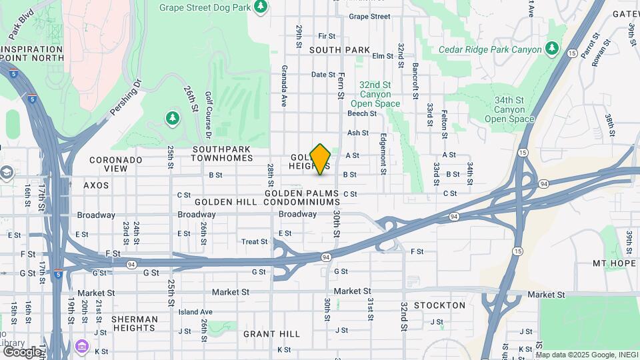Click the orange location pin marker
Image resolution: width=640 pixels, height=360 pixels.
click(x=321, y=159)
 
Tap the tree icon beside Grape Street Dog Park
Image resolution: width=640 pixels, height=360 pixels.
click(x=261, y=7)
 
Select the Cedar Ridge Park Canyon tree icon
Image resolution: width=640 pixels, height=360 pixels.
click(x=551, y=49)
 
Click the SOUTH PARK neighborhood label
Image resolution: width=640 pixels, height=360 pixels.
click(x=339, y=50)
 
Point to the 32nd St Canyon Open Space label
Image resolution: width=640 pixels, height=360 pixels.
click(x=375, y=94)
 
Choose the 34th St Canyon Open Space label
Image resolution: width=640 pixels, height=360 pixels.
click(x=509, y=109)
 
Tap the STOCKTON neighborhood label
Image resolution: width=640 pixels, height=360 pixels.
click(x=439, y=305)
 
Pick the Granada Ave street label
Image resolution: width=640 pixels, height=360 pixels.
click(x=284, y=87)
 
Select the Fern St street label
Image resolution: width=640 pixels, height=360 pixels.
click(x=341, y=85)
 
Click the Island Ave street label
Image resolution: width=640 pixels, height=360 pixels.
click(x=195, y=311)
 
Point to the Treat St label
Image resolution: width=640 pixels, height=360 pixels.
click(x=254, y=242)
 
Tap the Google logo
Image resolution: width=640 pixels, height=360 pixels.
click(x=22, y=351)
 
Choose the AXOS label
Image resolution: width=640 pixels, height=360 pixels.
click(x=96, y=185)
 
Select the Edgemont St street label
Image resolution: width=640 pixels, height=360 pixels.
click(x=383, y=154)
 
